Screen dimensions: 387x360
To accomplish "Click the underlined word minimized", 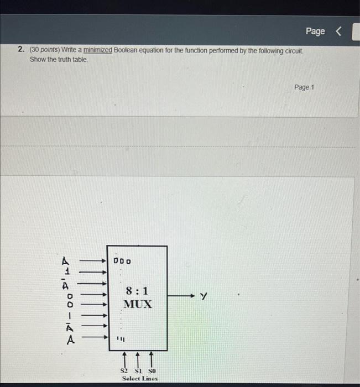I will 98,50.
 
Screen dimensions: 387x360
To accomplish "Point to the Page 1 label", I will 304,87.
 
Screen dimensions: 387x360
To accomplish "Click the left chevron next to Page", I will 339,31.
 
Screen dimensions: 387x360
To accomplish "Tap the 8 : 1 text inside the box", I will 137,291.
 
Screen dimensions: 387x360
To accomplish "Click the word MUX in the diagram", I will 137,304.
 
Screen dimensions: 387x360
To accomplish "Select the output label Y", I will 204,297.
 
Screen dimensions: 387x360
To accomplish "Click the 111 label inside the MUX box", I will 118,338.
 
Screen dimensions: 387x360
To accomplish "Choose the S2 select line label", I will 124,370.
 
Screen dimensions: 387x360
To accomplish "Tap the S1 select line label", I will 138,370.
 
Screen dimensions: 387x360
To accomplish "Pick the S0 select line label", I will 152,370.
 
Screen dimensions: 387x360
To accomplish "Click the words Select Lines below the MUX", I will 139,379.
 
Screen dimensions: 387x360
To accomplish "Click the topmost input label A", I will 66,260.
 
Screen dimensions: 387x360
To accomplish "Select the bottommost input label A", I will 70,339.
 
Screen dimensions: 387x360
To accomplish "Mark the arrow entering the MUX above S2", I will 124,357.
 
